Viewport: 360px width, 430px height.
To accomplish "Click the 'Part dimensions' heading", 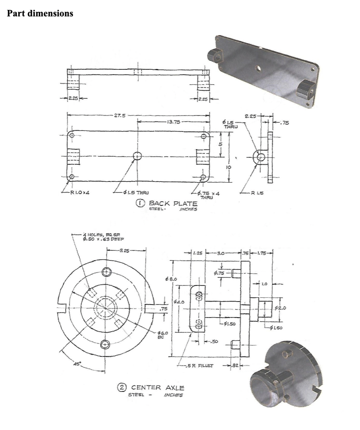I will point(40,14).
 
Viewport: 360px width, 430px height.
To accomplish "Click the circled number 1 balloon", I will point(141,204).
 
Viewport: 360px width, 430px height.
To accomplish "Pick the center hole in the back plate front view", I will point(137,156).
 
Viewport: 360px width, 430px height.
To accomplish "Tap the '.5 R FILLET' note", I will point(198,366).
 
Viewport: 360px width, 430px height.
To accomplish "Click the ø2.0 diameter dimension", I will point(282,308).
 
